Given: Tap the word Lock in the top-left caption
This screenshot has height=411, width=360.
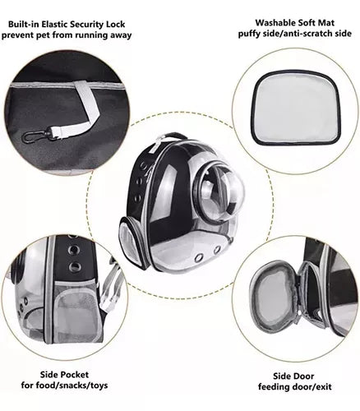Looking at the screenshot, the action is [x=115, y=24].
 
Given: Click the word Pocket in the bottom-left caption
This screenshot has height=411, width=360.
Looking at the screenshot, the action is [x=76, y=375].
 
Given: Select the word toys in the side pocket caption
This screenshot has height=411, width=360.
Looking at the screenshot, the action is [x=98, y=386].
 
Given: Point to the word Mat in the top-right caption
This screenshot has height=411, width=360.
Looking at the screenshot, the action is [x=326, y=22].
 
